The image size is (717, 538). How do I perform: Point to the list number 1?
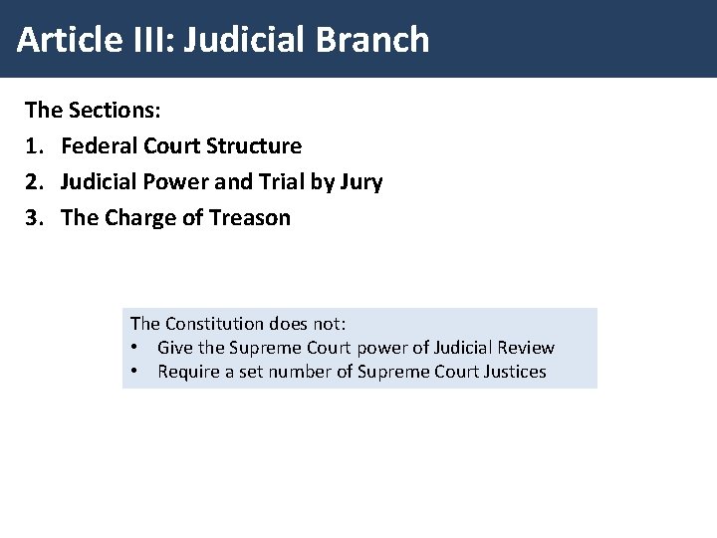tap(32, 146)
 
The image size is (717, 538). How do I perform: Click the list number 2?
tap(32, 182)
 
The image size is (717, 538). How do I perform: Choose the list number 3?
tap(32, 218)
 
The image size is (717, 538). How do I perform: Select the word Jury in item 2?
tap(360, 182)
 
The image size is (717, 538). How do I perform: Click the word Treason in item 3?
tap(252, 218)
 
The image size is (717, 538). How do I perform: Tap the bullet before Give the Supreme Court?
tap(134, 348)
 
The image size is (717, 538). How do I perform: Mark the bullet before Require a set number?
tap(134, 372)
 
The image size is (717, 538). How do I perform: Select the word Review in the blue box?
tap(525, 348)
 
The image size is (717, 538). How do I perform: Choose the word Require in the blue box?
tap(187, 372)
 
